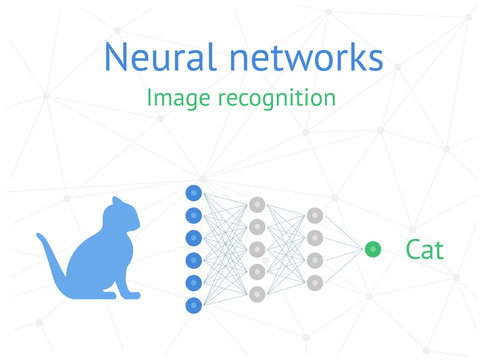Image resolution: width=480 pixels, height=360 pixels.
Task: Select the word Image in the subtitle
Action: point(175,98)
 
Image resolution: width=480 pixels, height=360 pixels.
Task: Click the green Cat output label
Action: point(424,250)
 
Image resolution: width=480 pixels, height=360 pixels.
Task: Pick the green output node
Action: point(373,249)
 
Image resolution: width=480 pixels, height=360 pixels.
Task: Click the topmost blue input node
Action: point(194,193)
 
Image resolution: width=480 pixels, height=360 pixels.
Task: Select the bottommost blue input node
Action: point(194,304)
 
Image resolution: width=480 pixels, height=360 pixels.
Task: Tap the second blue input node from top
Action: point(194,215)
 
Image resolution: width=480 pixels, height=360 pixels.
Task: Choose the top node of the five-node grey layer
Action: point(257,204)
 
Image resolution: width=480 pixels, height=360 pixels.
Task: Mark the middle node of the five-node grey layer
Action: point(257,249)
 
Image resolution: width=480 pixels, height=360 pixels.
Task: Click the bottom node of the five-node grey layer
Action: point(257,294)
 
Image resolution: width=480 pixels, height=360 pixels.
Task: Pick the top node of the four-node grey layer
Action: point(315,215)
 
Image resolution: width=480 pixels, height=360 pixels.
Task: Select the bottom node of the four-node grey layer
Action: point(315,282)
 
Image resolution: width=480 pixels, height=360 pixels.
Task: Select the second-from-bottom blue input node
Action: point(194,282)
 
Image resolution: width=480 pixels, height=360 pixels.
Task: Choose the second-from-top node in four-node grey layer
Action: point(315,238)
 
